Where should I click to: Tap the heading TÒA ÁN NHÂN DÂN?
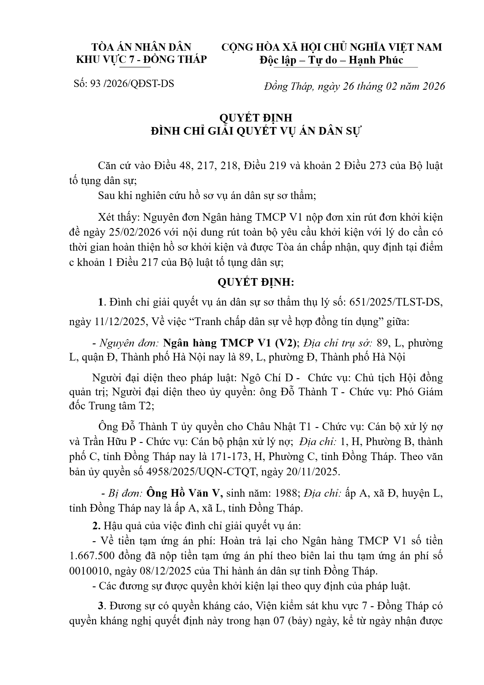coord(141,47)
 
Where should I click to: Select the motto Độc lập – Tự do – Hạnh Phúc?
coord(331,60)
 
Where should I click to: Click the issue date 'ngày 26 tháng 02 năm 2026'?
coord(381,87)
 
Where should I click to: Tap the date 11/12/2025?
coord(117,322)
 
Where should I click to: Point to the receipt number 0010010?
coord(88,571)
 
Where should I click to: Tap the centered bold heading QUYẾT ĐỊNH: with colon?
coord(256,282)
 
